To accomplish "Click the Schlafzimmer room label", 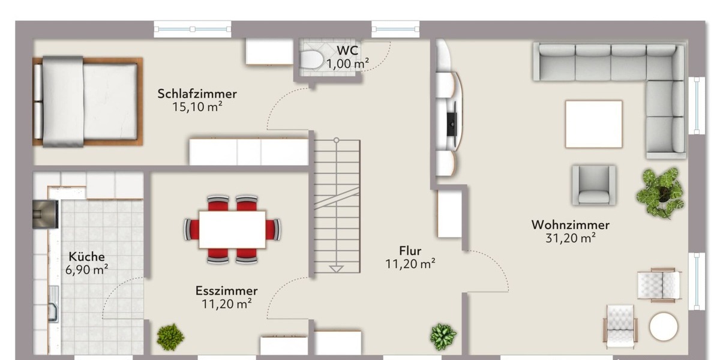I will [197, 94].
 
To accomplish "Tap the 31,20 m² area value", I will [570, 238].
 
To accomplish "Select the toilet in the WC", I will [311, 59].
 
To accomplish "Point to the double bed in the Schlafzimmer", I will [88, 101].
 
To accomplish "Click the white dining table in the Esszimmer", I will [232, 229].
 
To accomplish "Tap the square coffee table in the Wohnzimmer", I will [593, 124].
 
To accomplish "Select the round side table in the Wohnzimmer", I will [664, 327].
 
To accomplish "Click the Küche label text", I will [86, 257].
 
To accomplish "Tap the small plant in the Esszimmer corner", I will [170, 337].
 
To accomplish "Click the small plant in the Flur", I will [443, 337].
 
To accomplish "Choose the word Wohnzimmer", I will [570, 225].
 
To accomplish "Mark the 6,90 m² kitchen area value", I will [86, 270].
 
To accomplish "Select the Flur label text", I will [410, 251].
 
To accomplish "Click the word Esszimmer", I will [226, 291].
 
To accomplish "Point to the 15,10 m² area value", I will [197, 107].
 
